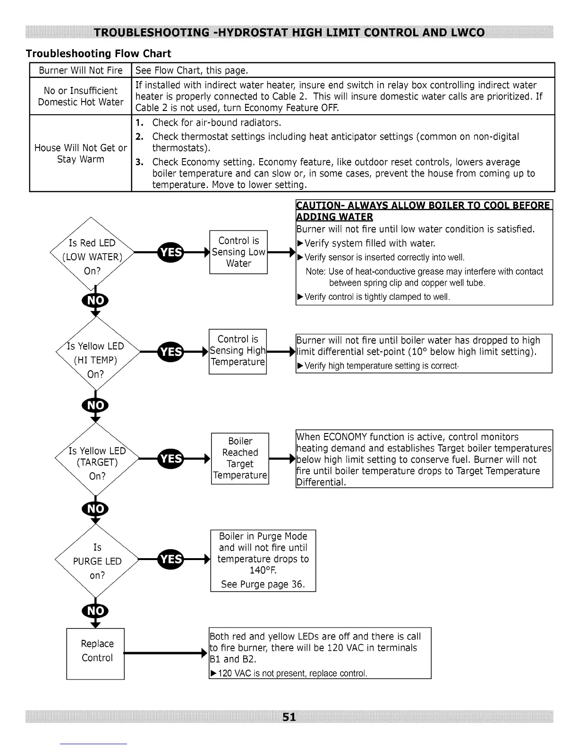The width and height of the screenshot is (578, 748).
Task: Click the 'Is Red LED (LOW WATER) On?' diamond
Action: [x=93, y=256]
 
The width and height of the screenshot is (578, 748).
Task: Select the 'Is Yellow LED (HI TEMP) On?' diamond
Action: [x=96, y=360]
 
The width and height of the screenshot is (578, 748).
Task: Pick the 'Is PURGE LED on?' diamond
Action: [x=97, y=561]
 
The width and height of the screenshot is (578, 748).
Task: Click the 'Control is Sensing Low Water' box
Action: [x=238, y=252]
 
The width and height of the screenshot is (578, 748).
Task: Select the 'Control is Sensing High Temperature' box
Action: [x=238, y=351]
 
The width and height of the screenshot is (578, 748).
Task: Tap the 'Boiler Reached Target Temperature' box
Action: [x=240, y=458]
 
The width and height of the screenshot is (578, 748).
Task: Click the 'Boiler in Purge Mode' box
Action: [x=263, y=560]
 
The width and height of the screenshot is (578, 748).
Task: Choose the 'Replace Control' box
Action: [x=96, y=653]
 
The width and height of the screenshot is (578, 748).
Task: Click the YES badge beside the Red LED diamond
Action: [x=171, y=252]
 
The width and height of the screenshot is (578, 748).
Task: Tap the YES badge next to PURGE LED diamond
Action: [x=171, y=559]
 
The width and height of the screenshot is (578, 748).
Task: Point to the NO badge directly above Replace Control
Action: [x=96, y=611]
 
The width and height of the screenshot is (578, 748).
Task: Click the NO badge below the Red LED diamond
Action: [x=96, y=301]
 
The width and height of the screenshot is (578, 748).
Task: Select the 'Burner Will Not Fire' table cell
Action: [x=81, y=70]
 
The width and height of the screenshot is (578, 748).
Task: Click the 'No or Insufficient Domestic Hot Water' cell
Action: [x=81, y=96]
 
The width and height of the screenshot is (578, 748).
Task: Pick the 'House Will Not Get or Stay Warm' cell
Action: [x=81, y=153]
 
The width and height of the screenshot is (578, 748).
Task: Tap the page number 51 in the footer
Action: [x=289, y=717]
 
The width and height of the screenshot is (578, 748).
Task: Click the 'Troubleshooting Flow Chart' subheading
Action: [x=98, y=53]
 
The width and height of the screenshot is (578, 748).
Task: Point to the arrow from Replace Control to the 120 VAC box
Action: [x=165, y=654]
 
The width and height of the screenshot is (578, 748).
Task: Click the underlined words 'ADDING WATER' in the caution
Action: [x=335, y=217]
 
